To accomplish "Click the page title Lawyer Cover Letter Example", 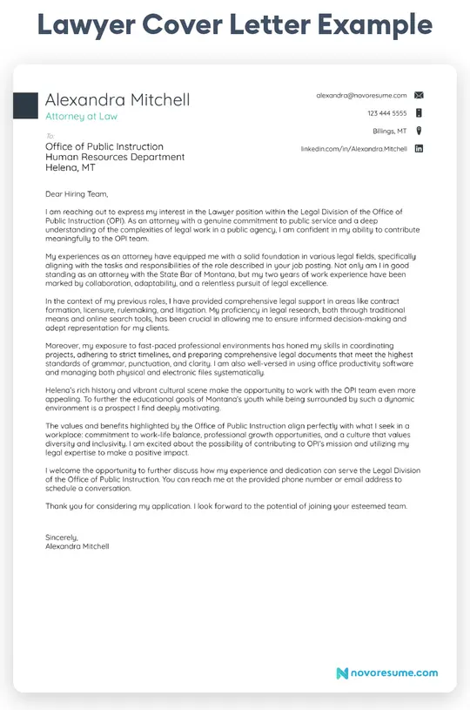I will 234,26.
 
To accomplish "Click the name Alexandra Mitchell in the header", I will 117,99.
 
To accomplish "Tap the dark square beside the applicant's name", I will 25,105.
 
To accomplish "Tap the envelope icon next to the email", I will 419,94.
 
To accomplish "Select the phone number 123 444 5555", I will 386,113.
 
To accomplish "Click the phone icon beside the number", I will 419,113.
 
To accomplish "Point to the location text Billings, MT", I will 389,131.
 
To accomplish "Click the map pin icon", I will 419,131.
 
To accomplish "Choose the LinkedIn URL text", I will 353,149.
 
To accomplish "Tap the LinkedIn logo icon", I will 419,149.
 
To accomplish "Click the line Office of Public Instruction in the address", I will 104,146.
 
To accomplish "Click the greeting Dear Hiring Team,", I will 77,193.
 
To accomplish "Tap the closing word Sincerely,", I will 62,538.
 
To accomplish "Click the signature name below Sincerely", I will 77,546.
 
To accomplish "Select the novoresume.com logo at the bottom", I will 387,673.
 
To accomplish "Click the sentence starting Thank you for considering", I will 225,505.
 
